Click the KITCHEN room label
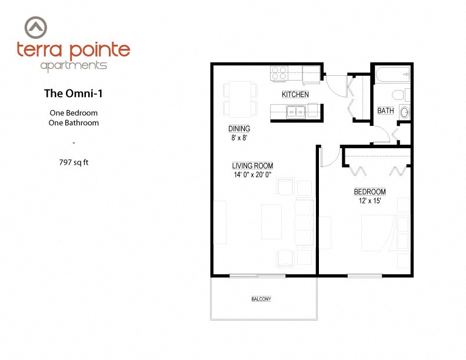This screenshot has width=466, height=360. click(295, 95)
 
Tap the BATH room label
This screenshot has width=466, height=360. click(385, 111)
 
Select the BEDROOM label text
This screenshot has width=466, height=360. click(370, 192)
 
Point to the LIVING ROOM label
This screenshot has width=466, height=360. click(252, 166)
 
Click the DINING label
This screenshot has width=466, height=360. click(239, 129)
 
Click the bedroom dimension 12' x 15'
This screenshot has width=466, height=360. click(370, 201)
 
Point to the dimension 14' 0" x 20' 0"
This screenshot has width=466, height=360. click(253, 175)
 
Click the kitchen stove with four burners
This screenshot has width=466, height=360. click(278, 73)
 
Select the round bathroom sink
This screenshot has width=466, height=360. click(404, 112)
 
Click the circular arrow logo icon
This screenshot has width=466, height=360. click(37, 26)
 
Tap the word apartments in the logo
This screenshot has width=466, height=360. click(74, 65)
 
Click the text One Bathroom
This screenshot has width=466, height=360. click(74, 123)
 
